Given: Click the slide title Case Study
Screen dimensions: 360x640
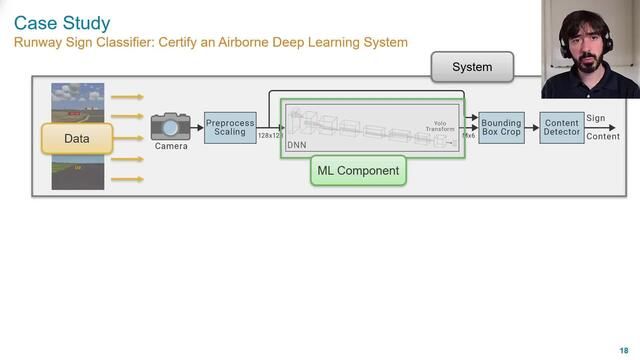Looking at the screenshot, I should pos(62,22).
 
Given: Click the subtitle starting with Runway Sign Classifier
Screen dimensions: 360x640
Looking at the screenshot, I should pos(211,43).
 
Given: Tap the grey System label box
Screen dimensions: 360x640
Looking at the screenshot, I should pos(472,67).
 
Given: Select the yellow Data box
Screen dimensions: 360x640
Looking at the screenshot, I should pos(77,138).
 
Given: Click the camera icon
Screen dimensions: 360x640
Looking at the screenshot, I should pos(171,126).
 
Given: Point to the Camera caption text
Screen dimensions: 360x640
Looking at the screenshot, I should pos(171,146).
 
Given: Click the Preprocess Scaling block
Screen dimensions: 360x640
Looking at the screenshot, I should pos(230,127).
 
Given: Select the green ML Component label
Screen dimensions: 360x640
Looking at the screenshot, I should pos(358,171).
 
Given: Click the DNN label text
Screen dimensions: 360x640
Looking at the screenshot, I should pos(296,145).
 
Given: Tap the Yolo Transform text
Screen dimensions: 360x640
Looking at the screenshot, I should pos(440,126).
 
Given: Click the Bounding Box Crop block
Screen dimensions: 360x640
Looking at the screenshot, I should pos(501,127).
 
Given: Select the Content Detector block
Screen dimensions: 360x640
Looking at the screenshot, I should pos(561,127).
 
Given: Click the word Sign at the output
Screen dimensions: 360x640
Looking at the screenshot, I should pos(596,119).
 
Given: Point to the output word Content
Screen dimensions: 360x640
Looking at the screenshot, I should pos(603,136).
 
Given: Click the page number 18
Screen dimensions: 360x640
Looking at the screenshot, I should pos(625,349).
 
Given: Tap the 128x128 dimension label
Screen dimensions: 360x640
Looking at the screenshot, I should pos(270,135).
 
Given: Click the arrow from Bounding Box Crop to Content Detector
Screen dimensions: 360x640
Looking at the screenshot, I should pos(532,127).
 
